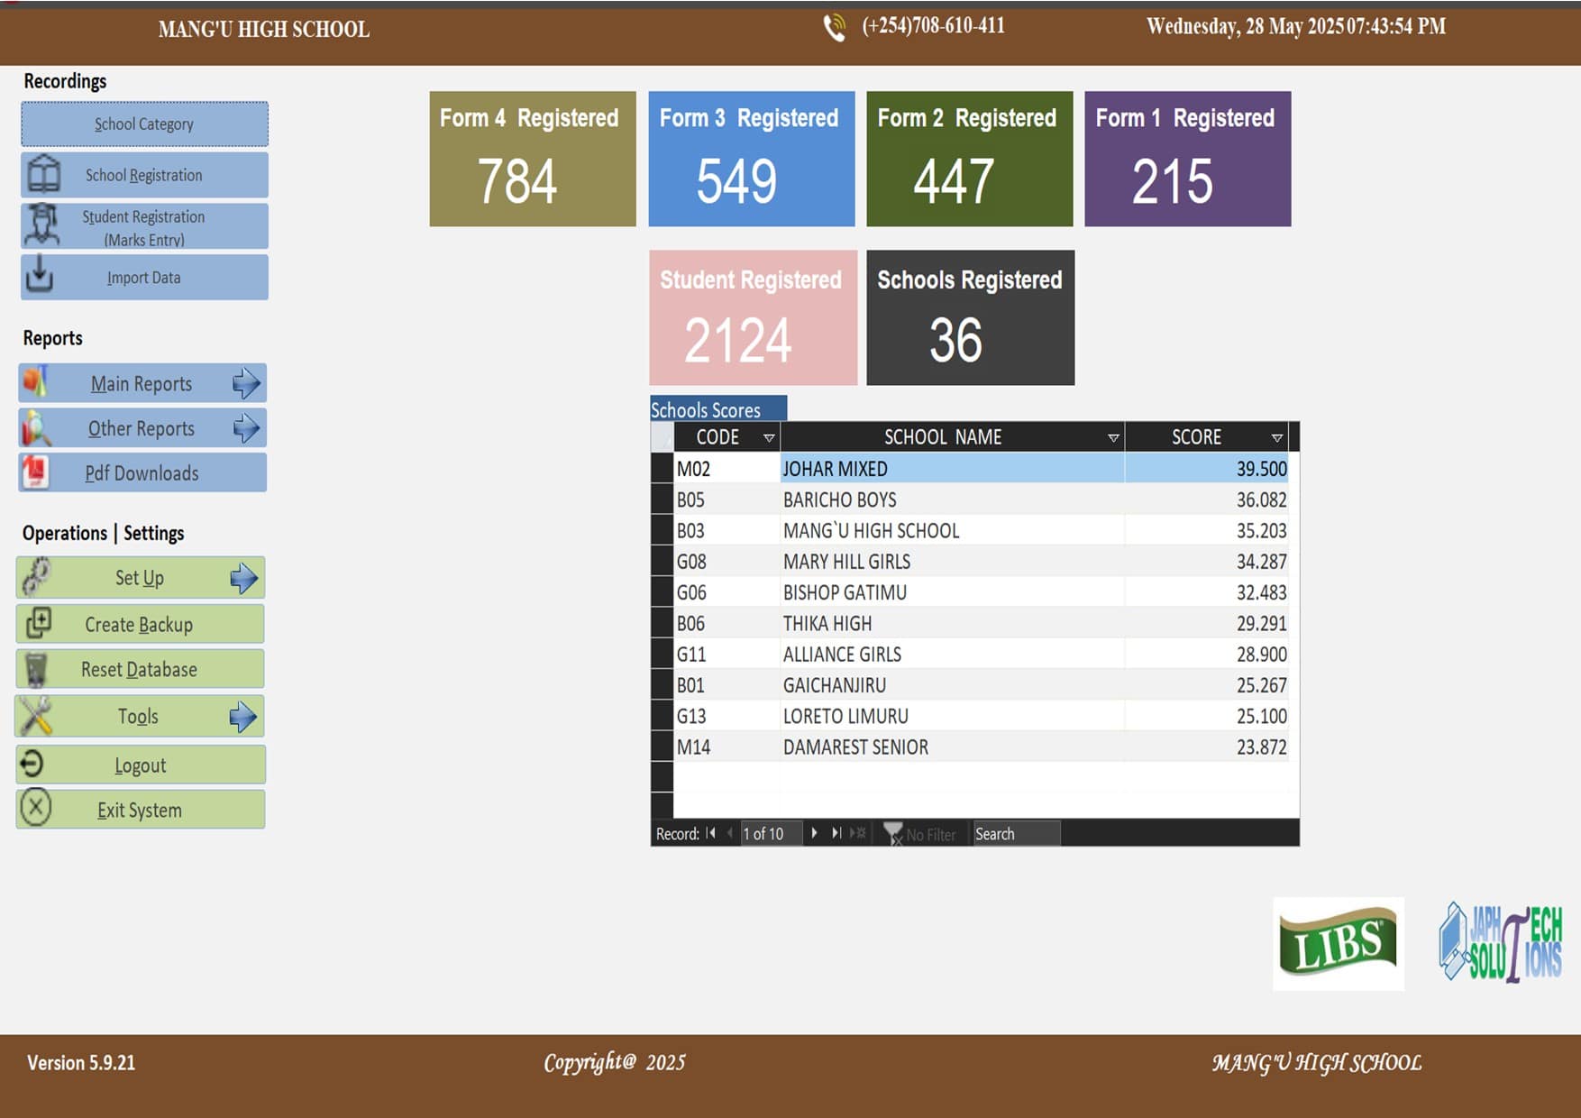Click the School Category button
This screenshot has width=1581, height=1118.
tap(144, 124)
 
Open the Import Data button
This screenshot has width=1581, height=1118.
tap(144, 277)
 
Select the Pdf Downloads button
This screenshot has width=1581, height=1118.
tap(142, 472)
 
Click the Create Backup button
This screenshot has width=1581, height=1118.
tap(140, 624)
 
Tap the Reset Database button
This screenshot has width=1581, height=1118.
tap(140, 669)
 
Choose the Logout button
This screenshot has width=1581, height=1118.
tap(140, 765)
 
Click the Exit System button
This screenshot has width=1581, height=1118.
tap(140, 809)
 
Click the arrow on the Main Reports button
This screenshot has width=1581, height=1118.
tap(246, 383)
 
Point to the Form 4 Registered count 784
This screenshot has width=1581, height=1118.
tap(517, 181)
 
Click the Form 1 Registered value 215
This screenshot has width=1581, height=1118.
tap(1173, 181)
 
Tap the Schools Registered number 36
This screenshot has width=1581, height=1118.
tap(956, 340)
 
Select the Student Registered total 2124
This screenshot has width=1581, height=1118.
tap(738, 340)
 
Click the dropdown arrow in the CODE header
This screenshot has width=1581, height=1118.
tap(769, 438)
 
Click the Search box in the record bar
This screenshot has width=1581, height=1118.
tap(1016, 834)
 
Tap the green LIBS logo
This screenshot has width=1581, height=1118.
tap(1339, 944)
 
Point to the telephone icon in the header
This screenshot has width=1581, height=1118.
tap(835, 28)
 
